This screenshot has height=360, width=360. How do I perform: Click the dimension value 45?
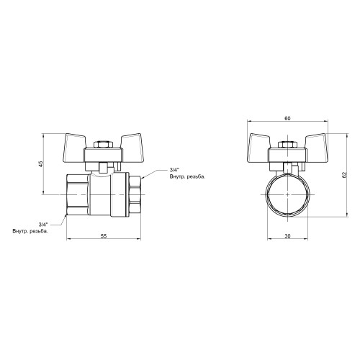point(41,164)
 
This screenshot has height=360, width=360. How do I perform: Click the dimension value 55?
point(104,236)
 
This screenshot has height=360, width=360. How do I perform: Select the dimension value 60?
point(287,118)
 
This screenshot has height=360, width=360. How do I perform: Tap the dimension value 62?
point(345,175)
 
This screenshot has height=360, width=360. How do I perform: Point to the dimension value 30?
point(287,236)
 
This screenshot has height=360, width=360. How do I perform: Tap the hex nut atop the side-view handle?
point(103,145)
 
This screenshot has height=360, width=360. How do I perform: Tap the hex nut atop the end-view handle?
point(287,145)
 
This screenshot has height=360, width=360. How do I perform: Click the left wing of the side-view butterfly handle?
point(73,147)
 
